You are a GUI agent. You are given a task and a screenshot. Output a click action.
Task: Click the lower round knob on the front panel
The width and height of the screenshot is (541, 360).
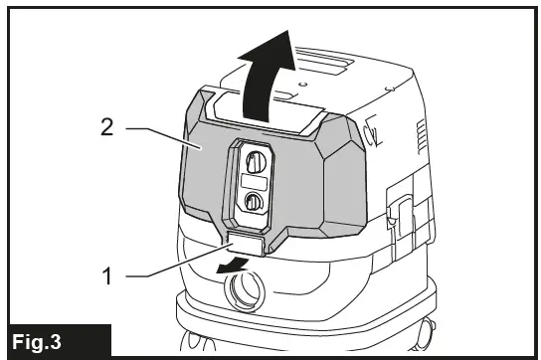tap(252, 203)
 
